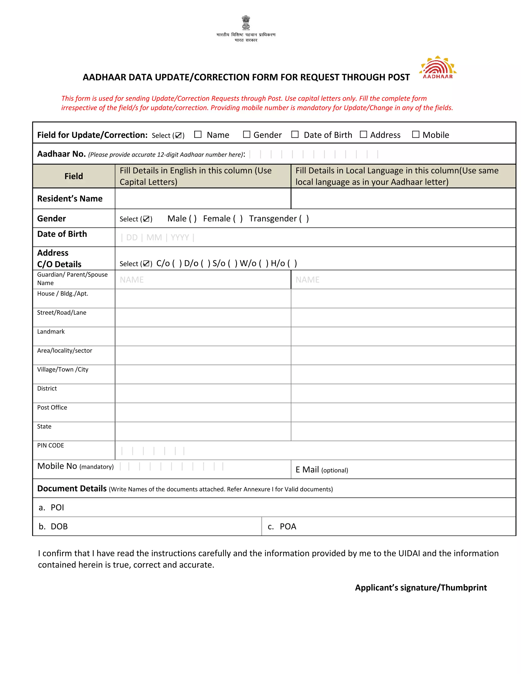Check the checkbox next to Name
198,134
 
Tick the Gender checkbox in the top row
246,134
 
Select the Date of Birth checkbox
295,134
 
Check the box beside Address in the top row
363,134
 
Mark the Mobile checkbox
415,134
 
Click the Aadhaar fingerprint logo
438,67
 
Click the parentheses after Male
193,218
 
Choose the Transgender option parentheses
304,218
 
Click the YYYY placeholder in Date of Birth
180,237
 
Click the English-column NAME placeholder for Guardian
132,280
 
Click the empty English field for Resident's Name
203,198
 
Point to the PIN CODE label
51,445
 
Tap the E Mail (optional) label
322,470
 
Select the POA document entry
288,526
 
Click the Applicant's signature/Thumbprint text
421,587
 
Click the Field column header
74,176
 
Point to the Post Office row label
52,407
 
